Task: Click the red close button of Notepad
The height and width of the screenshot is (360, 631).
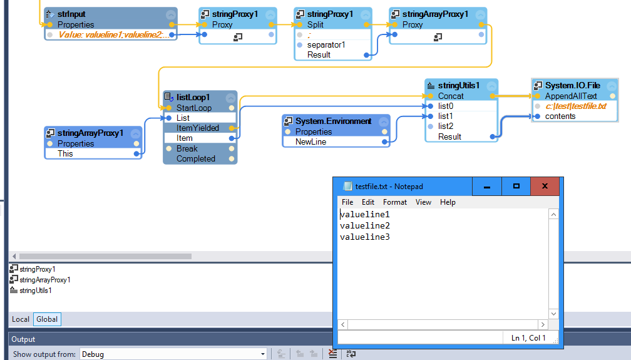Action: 545,186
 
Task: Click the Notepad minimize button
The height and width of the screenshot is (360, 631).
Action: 487,186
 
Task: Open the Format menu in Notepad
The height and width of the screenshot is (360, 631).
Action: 394,202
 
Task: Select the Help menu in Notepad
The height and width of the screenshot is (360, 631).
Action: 448,202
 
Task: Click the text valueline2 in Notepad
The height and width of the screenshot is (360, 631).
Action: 365,225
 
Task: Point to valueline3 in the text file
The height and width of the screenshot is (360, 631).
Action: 365,237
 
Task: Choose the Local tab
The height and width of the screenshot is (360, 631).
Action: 21,319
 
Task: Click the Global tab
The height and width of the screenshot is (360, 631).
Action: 47,319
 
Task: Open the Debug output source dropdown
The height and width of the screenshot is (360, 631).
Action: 173,354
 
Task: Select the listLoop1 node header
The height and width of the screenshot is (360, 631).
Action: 193,97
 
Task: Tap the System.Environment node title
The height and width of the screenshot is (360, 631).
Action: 333,121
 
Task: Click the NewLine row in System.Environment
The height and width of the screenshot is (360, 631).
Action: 310,142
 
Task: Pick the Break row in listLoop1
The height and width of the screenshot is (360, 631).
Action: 187,148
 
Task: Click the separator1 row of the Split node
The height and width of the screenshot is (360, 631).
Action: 326,44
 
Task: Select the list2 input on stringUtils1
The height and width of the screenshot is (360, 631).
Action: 445,126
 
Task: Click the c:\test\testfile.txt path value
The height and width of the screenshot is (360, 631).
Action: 575,106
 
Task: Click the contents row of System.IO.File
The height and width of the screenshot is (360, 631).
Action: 560,116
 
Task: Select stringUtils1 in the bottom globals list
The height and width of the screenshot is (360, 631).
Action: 35,291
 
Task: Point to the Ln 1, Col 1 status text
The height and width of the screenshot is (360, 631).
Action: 528,338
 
